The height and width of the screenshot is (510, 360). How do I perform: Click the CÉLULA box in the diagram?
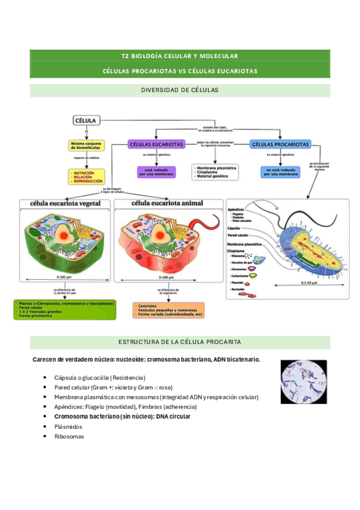(87, 120)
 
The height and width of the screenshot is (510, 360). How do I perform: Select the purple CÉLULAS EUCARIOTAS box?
(156, 145)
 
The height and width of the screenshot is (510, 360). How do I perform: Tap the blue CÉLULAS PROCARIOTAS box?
(280, 145)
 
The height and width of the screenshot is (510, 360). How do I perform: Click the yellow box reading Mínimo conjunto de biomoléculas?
(86, 146)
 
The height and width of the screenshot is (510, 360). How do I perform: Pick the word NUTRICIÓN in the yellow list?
(84, 173)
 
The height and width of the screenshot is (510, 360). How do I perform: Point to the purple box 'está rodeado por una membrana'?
(156, 172)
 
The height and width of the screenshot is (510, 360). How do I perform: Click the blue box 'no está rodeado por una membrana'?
(280, 172)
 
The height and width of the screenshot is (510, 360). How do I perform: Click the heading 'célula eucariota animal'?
(167, 203)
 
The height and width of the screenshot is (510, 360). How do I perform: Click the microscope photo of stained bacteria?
(304, 381)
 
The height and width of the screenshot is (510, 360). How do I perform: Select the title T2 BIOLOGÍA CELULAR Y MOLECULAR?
(180, 55)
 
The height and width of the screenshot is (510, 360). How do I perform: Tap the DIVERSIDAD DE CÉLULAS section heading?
(180, 90)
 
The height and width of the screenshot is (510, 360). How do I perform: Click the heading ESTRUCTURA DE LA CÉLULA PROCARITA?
(180, 342)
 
